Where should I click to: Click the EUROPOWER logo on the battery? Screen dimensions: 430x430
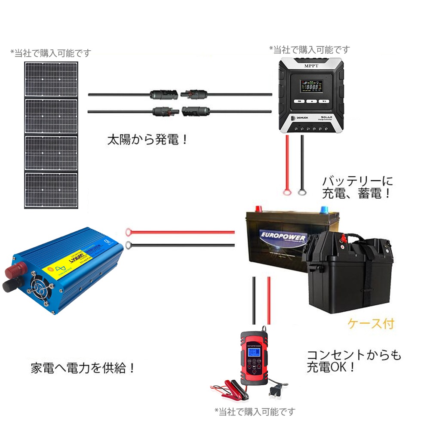coord(283,238)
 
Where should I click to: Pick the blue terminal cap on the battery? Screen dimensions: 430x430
coord(323,209)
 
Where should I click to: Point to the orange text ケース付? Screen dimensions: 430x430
coord(371,323)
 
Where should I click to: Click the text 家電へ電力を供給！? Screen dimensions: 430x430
coord(84,368)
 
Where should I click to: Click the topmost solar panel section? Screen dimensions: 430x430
coord(51,80)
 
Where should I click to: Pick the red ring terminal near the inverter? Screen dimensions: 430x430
coord(129,233)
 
